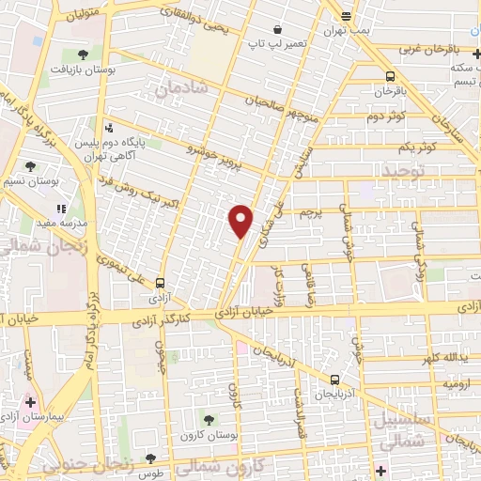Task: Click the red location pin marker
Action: (x=241, y=221)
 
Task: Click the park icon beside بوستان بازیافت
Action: (x=84, y=54)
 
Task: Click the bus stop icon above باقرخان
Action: (x=389, y=76)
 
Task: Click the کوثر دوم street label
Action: (x=385, y=116)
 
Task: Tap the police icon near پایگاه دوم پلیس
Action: (x=110, y=127)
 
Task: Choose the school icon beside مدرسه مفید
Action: (x=62, y=209)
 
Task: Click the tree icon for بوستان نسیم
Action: (x=31, y=165)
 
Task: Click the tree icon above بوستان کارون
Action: (x=208, y=419)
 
